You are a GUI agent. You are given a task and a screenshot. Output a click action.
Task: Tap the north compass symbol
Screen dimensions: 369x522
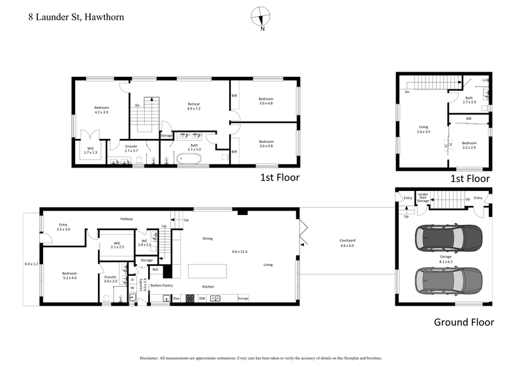(x=262, y=17)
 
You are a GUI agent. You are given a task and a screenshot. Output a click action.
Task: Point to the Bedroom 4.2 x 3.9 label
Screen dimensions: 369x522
(x=101, y=110)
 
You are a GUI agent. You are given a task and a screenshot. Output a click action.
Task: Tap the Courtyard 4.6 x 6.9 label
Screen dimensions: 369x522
(x=347, y=244)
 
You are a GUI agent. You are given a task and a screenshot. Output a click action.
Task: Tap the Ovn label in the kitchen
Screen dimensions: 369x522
(x=176, y=299)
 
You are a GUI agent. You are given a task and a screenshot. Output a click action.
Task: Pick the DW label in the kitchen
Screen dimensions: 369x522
(x=202, y=299)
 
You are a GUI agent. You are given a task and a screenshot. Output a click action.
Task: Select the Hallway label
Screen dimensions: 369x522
(x=127, y=219)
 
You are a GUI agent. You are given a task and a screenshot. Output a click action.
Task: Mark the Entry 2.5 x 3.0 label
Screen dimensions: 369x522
(x=63, y=227)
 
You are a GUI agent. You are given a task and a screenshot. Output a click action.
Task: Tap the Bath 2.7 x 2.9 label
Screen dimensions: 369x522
(x=468, y=100)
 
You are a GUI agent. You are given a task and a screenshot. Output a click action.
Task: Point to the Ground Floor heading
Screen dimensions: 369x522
(x=464, y=322)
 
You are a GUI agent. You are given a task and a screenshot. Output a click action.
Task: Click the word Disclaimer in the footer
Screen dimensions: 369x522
(x=152, y=358)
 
